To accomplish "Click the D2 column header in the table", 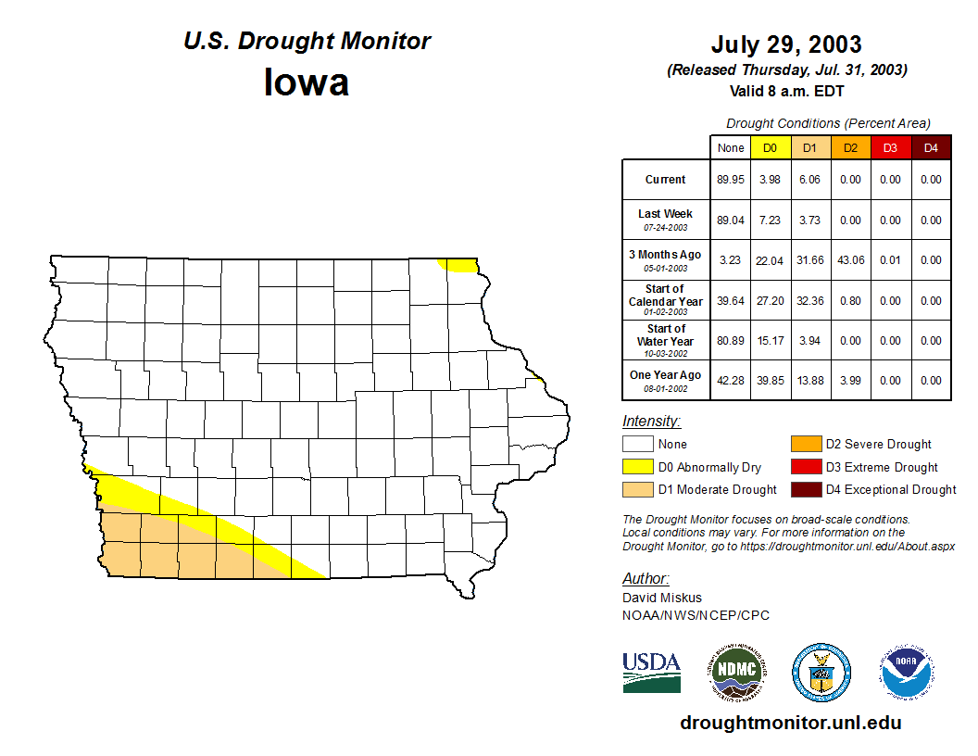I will (850, 148).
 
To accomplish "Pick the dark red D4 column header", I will (931, 148).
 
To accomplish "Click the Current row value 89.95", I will (731, 180).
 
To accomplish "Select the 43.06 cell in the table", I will (850, 260).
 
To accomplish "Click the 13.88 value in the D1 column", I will (810, 381).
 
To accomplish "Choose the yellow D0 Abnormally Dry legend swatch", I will (637, 467).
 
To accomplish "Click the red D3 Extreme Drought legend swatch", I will (805, 467).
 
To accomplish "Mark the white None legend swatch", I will (637, 445).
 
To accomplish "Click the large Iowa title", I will (307, 82).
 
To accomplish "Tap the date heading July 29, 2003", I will (786, 44).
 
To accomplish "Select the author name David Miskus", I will (662, 598).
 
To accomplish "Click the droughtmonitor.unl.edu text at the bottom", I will (790, 723).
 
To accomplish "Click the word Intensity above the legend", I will (651, 422).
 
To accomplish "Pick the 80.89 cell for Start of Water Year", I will (731, 341).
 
